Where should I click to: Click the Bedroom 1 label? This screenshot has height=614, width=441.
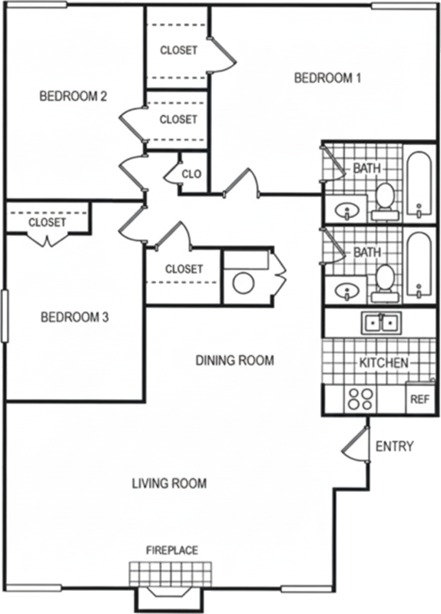tap(327, 78)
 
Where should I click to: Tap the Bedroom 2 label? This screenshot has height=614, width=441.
tap(73, 96)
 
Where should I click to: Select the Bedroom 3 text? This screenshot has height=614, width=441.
tap(75, 317)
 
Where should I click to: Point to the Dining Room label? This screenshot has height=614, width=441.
tap(235, 360)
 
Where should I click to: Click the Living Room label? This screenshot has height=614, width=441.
tap(169, 484)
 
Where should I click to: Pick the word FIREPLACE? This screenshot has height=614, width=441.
tap(172, 550)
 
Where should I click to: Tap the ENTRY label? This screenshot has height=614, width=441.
tap(394, 446)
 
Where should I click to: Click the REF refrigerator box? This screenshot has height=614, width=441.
tap(420, 398)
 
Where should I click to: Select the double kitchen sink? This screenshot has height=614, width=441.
tap(381, 322)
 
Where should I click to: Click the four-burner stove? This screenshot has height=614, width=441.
tap(360, 399)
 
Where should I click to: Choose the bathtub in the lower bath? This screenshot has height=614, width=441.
tap(419, 266)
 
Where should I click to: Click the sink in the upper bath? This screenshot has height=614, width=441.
tap(347, 212)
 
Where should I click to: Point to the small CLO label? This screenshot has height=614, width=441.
tap(191, 174)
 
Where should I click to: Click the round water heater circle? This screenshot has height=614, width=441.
tap(244, 282)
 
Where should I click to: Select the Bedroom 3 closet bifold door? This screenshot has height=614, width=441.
tap(48, 239)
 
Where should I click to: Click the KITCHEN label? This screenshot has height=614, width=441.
tap(384, 362)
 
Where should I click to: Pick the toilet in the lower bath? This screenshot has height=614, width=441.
tap(385, 283)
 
